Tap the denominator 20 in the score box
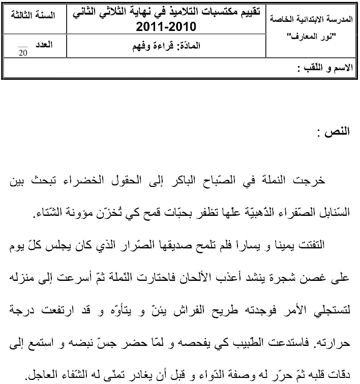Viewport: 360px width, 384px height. (x=22, y=52)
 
